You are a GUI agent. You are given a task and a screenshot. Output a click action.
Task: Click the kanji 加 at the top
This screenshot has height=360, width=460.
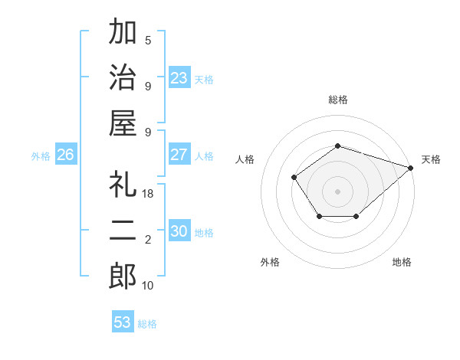(123, 32)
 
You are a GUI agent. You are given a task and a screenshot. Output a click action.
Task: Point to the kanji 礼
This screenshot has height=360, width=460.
(123, 186)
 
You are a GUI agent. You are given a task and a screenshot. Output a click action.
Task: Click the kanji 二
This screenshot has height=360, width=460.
(123, 231)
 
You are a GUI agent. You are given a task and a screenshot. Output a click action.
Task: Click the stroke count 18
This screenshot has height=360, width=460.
(148, 195)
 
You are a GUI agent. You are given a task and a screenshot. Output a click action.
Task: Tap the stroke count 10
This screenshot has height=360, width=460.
(148, 286)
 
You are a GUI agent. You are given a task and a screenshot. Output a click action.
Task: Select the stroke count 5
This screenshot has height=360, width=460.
(148, 41)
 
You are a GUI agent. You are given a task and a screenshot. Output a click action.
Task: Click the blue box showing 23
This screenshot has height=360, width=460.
(179, 77)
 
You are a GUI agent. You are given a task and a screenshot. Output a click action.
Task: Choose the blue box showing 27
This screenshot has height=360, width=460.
(179, 155)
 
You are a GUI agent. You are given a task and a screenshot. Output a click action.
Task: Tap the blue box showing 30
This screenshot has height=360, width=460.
(179, 231)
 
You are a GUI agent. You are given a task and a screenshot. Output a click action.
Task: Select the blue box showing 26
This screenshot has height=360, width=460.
(65, 155)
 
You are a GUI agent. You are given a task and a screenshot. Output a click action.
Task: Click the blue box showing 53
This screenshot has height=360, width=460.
(123, 322)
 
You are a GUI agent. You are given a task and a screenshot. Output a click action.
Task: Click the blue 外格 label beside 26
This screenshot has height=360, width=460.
(41, 155)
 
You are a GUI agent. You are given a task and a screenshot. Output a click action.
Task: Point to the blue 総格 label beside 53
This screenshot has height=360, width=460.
(147, 323)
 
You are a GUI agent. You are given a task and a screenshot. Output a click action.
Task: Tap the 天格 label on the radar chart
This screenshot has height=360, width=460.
(431, 159)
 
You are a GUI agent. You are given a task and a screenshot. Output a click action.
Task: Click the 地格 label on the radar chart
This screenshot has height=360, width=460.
(402, 262)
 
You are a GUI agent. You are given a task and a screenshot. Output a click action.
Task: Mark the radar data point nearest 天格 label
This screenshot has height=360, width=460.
(411, 168)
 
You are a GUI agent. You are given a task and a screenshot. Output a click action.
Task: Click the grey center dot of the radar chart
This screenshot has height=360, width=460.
(337, 191)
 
